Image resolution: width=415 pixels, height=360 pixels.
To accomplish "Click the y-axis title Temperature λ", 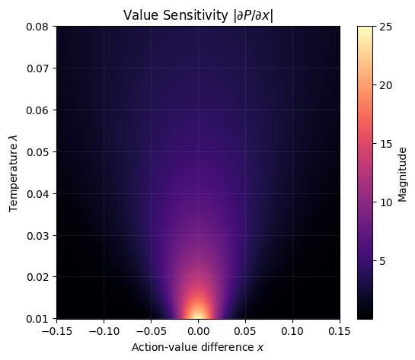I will pos(12,172).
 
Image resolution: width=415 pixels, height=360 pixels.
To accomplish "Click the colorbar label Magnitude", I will pos(402,172).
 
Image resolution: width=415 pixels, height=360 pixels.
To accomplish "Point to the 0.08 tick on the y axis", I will pos(37,27).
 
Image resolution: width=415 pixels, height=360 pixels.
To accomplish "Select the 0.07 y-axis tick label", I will pos(37,68).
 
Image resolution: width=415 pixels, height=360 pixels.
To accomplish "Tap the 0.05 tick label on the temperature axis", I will pos(37,151).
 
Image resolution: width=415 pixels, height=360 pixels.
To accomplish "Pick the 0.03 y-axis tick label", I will pos(37,235).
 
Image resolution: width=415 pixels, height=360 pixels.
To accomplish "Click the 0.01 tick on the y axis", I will pos(37,318).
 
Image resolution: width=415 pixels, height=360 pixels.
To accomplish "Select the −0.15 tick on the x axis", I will pos(55,331).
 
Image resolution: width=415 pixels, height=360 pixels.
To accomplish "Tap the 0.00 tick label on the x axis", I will pos(198,331).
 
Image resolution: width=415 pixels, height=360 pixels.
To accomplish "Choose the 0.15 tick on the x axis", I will pos(340,331).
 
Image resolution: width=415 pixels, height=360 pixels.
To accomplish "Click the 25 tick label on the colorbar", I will pos(384,27).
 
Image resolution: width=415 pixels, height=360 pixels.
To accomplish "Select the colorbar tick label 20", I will pos(384,85).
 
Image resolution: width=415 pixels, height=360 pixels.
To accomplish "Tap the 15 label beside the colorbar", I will pos(384,144).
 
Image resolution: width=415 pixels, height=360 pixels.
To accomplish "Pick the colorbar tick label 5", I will pos(381,261).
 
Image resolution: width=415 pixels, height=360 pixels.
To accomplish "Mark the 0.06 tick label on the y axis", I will pos(37,110).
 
